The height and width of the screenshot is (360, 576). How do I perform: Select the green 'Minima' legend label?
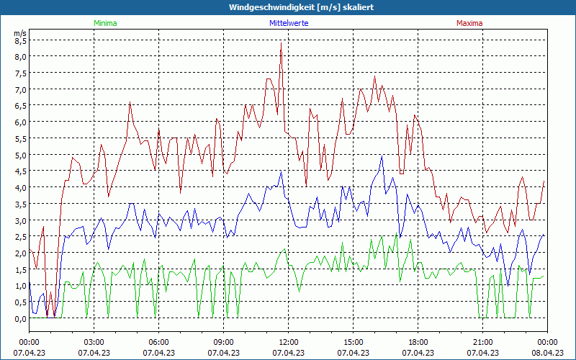point(104,23)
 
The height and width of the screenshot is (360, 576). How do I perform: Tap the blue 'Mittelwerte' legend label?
point(289,23)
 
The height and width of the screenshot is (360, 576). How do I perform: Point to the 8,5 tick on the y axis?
point(20,40)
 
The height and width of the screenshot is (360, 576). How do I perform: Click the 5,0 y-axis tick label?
point(20,155)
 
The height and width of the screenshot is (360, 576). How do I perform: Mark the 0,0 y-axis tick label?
point(20,318)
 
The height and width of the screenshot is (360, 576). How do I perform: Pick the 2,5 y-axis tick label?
point(20,237)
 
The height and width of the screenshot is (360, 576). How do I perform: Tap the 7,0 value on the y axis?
point(20,89)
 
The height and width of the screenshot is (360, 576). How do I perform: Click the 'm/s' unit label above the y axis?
point(19,32)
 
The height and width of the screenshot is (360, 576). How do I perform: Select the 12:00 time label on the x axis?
point(288,342)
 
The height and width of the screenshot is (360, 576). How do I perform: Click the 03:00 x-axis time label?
point(94,342)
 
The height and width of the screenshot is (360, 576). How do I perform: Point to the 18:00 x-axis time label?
point(418,342)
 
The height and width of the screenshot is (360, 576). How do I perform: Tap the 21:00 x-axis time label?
point(482,342)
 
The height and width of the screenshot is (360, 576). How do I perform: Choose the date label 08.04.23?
point(547,353)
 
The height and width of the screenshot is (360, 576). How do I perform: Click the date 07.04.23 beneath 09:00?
point(223,353)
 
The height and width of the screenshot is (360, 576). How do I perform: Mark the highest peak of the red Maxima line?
point(281,42)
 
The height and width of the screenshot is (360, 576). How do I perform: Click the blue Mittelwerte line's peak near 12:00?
point(282,171)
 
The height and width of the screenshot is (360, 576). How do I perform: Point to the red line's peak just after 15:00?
point(374,76)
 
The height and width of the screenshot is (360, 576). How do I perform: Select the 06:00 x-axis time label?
point(158,342)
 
